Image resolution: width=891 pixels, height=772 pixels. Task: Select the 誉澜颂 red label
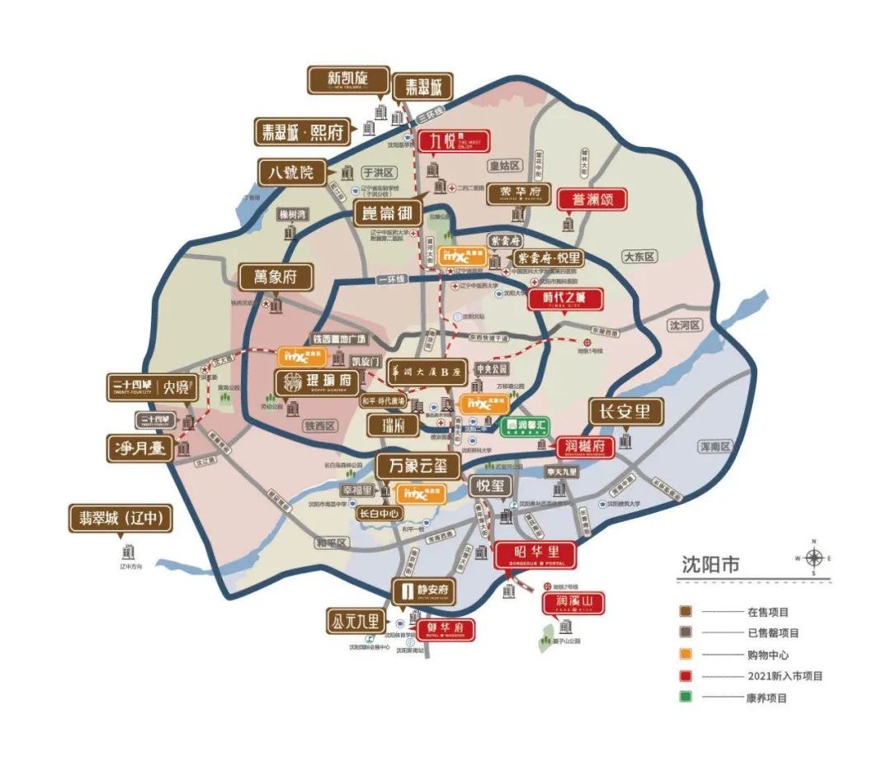coord(592,199)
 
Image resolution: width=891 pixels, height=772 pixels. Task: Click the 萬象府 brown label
coord(276,277)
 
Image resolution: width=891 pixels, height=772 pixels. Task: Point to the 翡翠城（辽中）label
coord(121,519)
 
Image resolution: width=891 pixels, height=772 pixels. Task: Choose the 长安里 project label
coord(626,411)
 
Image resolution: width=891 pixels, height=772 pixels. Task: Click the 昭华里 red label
coord(535,554)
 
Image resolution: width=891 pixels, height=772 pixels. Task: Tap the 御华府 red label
coord(445,629)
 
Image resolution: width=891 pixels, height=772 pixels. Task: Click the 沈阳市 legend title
coord(711,565)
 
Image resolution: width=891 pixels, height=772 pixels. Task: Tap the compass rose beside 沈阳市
coord(813,558)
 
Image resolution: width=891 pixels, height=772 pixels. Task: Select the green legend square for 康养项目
coord(686,697)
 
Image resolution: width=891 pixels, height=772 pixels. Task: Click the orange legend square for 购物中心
coord(686,654)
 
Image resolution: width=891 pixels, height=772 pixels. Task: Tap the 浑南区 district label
coord(715,447)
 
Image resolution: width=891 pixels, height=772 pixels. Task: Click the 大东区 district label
coord(639,257)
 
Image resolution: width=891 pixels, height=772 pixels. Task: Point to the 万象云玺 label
coord(417,466)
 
